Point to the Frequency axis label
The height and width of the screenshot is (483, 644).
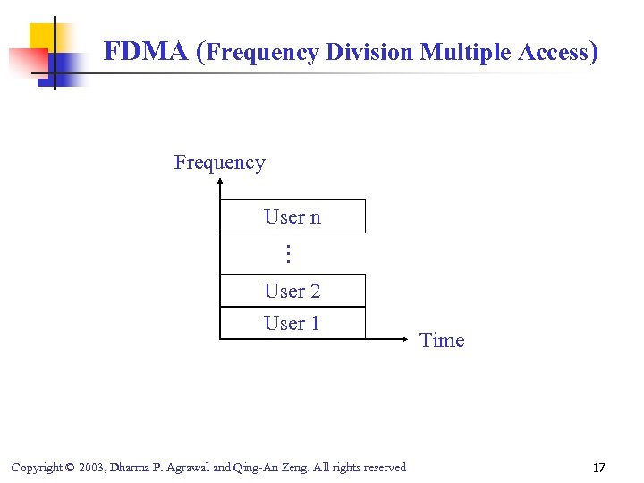(x=219, y=162)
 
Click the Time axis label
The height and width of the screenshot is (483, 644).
(x=442, y=340)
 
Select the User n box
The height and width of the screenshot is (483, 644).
(x=292, y=216)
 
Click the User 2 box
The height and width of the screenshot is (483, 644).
(x=292, y=291)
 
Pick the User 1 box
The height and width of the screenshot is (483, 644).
(x=292, y=323)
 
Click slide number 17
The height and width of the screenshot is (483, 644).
(x=598, y=467)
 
